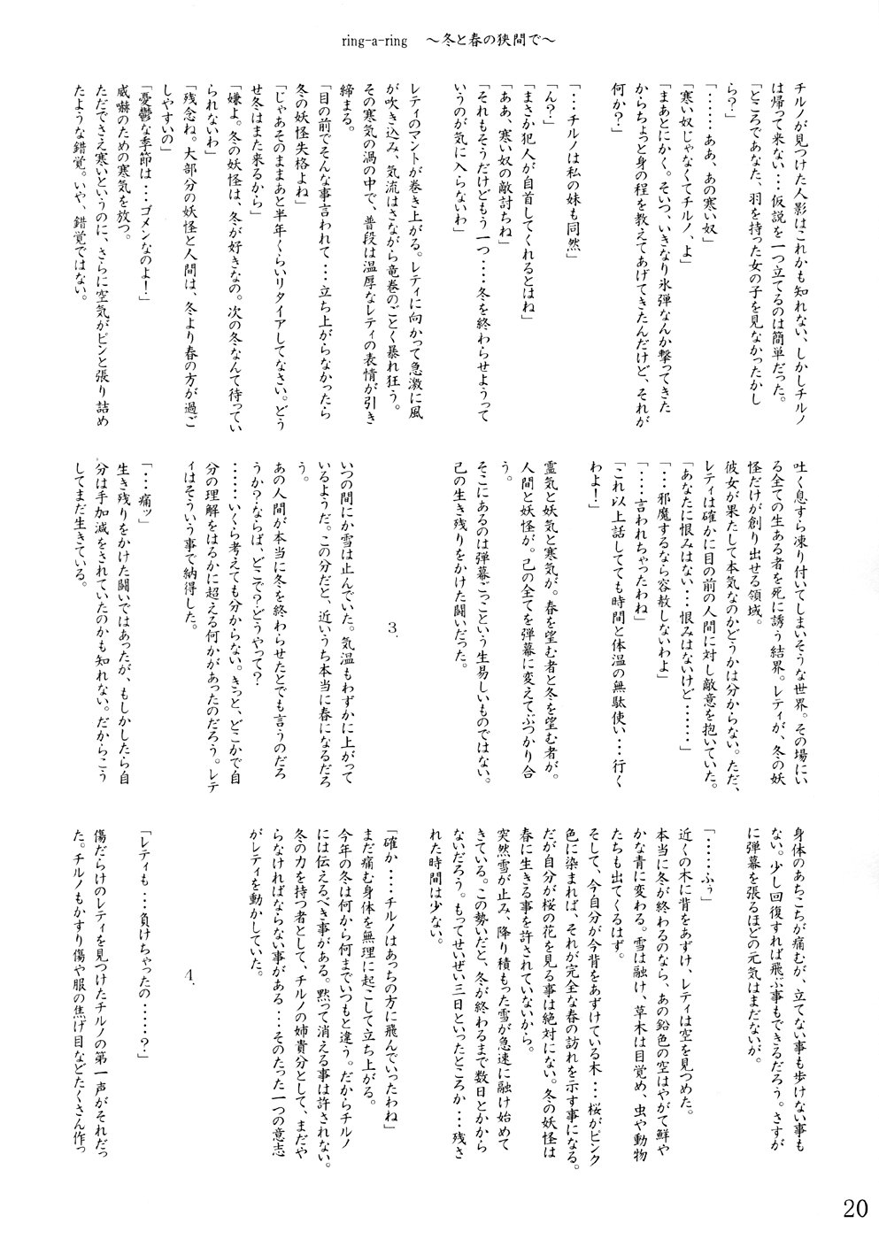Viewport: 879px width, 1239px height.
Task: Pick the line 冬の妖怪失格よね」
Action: point(262,142)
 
